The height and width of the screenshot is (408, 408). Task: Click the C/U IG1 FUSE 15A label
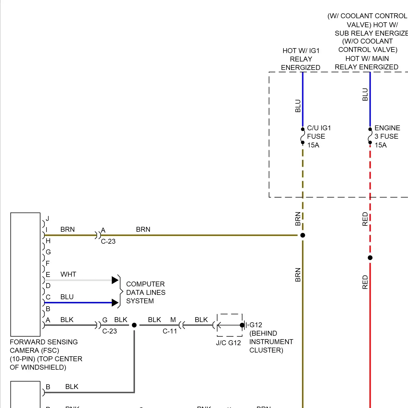pos(319,136)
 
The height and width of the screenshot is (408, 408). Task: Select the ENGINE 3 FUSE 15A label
pos(387,136)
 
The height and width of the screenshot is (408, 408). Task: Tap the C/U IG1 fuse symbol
pos(302,136)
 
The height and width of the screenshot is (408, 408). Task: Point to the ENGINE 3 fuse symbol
pos(370,136)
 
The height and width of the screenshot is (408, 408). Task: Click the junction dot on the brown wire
pos(303,235)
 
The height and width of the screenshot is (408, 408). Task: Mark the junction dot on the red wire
pos(370,258)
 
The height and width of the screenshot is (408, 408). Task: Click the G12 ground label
pos(256,325)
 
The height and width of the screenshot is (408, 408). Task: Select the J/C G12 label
pos(228,343)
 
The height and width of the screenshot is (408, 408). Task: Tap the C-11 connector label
pos(170,331)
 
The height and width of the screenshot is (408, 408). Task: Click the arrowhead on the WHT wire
pos(115,280)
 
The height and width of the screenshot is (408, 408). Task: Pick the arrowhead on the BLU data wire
pos(115,302)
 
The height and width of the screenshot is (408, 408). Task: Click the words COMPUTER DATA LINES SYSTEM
pos(146,292)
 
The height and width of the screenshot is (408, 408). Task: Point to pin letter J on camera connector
pos(47,218)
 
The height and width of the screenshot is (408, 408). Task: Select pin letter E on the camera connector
pos(48,274)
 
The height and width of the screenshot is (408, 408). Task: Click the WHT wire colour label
pos(68,274)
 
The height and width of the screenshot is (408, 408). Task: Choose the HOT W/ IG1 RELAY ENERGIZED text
pos(301,59)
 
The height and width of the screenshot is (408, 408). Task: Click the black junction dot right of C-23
pos(134,325)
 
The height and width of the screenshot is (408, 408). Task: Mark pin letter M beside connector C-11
pos(173,320)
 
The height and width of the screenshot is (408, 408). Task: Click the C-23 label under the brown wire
pos(108,241)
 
